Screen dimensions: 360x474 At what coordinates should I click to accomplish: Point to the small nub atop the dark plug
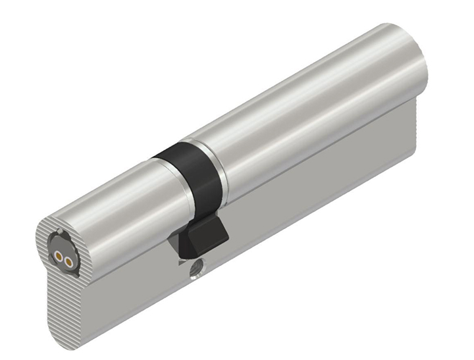(61, 232)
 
